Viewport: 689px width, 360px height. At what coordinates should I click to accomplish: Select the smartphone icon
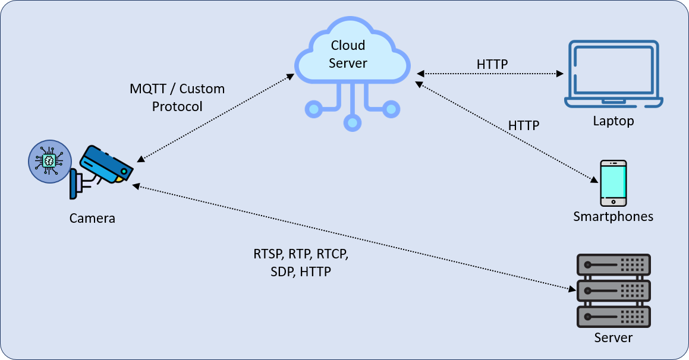613,183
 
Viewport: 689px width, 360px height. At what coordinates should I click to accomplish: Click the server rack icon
614,290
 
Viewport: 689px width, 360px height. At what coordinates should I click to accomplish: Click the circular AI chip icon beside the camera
49,161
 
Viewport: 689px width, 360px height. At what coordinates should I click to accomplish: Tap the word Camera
92,218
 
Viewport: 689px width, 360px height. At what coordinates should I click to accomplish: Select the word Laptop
613,121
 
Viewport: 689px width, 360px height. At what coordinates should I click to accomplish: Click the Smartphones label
613,216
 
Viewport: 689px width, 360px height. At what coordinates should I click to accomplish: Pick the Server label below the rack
613,337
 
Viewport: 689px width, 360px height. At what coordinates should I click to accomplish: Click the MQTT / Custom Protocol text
177,97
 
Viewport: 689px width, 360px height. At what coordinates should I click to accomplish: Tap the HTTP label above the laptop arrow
492,64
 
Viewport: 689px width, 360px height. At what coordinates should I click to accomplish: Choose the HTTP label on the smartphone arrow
524,125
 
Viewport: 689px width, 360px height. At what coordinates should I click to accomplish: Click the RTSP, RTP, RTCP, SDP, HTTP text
301,263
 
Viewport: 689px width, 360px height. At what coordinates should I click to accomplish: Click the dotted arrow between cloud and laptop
490,74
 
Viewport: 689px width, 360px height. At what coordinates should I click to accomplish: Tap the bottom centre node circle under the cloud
353,123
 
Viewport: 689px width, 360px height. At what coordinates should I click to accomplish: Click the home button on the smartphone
613,202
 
